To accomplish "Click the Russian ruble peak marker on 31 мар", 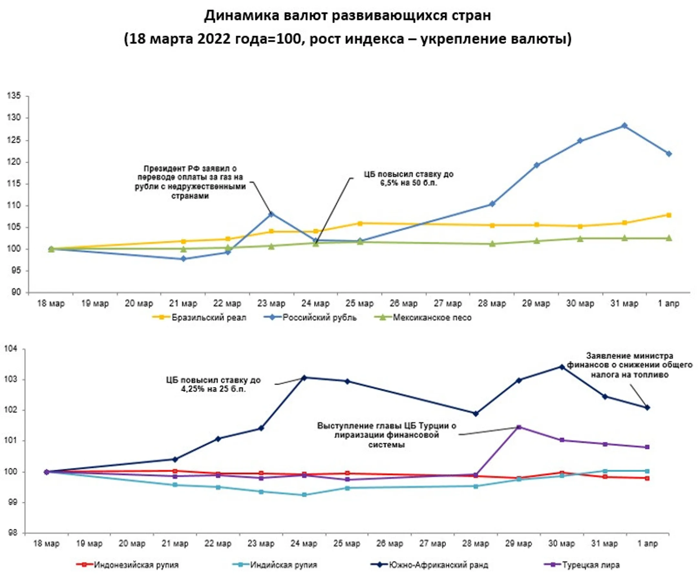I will (x=624, y=126).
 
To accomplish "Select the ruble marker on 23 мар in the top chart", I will (x=271, y=214).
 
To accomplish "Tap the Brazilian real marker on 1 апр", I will (x=669, y=215).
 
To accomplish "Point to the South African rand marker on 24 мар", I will (x=304, y=378).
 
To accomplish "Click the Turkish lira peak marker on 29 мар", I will (x=519, y=427).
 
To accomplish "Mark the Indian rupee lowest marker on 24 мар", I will (x=304, y=495).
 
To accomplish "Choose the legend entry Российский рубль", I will (x=319, y=318).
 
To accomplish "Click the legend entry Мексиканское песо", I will (x=432, y=318).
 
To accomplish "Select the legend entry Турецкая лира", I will (x=590, y=565).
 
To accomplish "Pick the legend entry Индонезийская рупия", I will (x=136, y=565).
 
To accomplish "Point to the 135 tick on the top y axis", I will (x=14, y=96).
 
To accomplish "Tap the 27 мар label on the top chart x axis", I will (x=448, y=303).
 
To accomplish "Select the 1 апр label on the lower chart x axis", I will (x=647, y=543).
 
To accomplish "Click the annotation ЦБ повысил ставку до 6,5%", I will (x=408, y=179).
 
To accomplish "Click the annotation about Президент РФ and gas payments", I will (x=190, y=182).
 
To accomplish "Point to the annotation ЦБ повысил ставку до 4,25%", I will (x=213, y=384).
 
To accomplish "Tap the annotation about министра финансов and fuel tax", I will (x=629, y=365).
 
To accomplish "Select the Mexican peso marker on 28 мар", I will (x=492, y=244).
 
